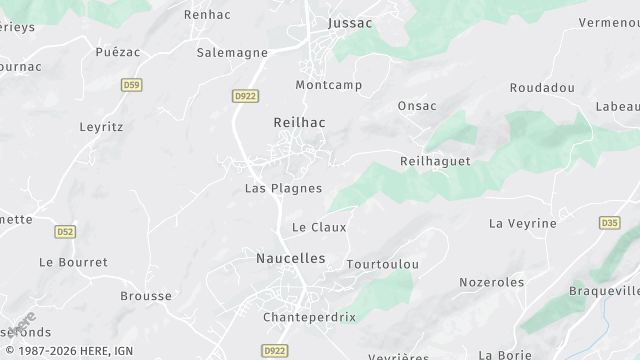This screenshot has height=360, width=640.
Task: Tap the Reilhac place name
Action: tap(299, 121)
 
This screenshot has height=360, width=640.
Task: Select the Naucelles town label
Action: tap(291, 258)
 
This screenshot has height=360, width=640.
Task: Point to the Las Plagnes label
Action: tap(283, 188)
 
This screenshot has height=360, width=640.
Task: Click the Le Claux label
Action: tap(319, 227)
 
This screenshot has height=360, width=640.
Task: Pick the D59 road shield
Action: tap(131, 85)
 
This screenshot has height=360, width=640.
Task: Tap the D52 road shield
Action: tap(66, 231)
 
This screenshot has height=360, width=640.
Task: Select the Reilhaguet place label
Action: tap(434, 161)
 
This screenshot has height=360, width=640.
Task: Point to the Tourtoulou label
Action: tap(382, 264)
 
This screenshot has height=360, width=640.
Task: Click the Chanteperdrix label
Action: tap(309, 317)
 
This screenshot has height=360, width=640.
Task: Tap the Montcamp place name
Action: tap(327, 85)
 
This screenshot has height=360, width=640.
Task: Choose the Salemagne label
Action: tap(232, 52)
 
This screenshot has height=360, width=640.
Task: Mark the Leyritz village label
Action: tap(100, 127)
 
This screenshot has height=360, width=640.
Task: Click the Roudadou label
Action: tap(542, 88)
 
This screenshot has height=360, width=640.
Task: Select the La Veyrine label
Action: tap(522, 223)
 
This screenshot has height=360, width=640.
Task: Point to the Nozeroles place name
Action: tap(491, 282)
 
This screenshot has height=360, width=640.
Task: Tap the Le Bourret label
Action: tap(73, 262)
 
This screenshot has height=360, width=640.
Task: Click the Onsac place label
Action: tap(417, 106)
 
